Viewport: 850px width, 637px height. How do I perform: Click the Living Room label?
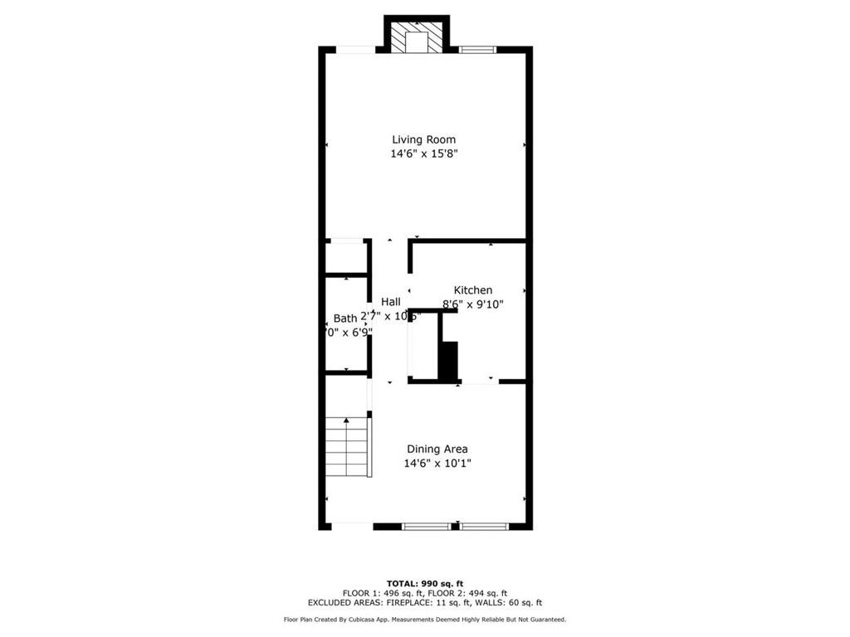pyautogui.click(x=424, y=139)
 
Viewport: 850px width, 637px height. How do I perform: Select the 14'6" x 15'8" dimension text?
pyautogui.click(x=424, y=153)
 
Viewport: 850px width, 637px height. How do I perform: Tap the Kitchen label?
pyautogui.click(x=472, y=290)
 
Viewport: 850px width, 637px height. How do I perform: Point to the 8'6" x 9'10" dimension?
pyautogui.click(x=472, y=304)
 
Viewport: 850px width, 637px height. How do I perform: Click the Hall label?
pyautogui.click(x=390, y=302)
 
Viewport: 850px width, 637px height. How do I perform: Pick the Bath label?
pyautogui.click(x=344, y=318)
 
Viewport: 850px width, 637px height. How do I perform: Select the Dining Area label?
pyautogui.click(x=437, y=449)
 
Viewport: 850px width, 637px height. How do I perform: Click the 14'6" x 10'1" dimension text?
pyautogui.click(x=437, y=464)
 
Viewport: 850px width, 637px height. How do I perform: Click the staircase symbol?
pyautogui.click(x=346, y=447)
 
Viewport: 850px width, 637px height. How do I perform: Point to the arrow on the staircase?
pyautogui.click(x=346, y=421)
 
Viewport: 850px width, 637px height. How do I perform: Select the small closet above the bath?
pyautogui.click(x=344, y=258)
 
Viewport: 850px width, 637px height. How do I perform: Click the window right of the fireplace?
pyautogui.click(x=476, y=50)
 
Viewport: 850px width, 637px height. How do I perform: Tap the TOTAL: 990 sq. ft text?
pyautogui.click(x=424, y=583)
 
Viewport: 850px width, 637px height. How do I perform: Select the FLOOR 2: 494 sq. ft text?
pyautogui.click(x=467, y=593)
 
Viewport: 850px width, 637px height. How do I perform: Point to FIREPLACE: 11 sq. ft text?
pyautogui.click(x=440, y=603)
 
